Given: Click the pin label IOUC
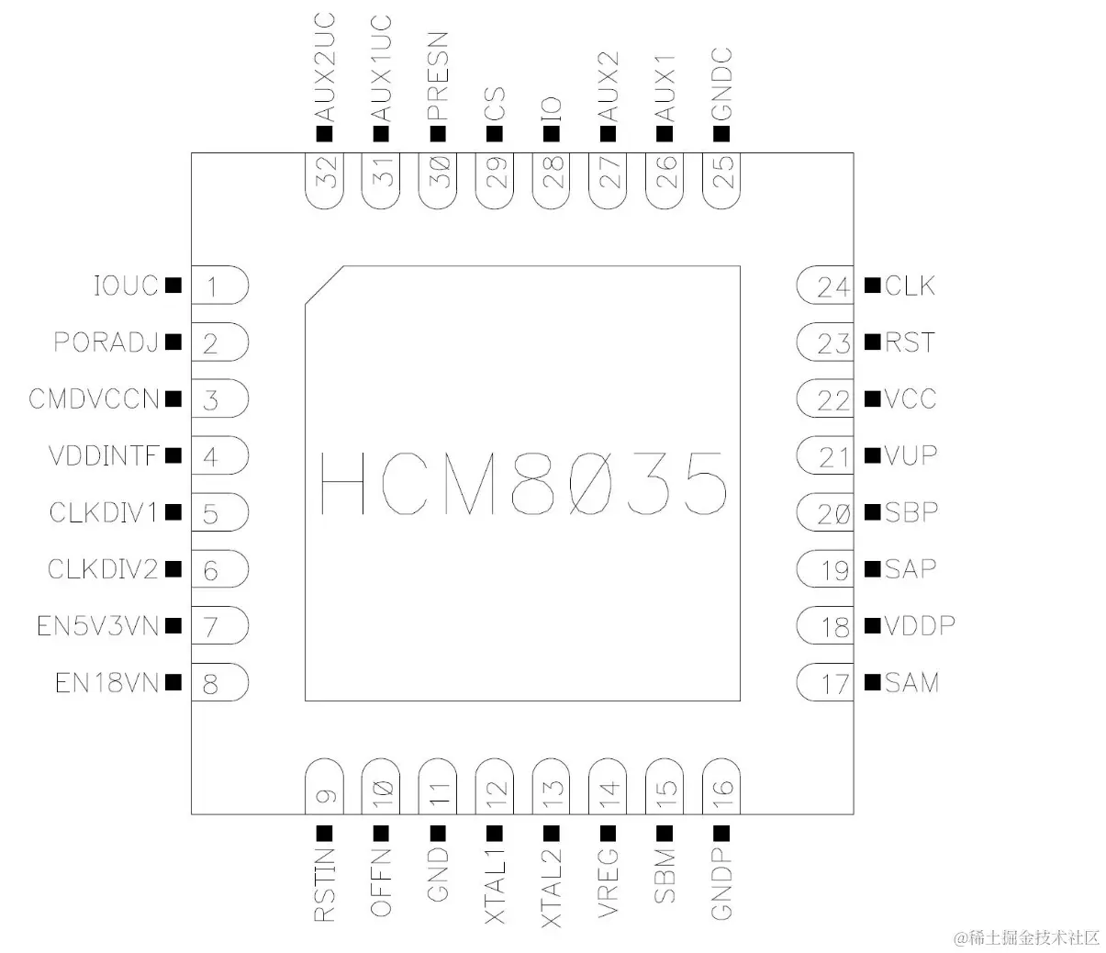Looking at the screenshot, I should tap(126, 286).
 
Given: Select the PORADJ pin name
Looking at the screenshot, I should tap(106, 342).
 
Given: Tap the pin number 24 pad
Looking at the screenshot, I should tap(826, 286).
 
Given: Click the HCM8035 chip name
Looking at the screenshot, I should tap(523, 483).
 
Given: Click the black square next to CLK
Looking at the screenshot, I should tap(872, 286).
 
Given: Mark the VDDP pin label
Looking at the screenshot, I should tap(920, 626).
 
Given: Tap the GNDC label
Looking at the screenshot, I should tap(721, 84).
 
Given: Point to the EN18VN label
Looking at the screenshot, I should tap(106, 683).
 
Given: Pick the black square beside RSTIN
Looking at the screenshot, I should tap(324, 833).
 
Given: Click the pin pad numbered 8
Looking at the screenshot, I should tap(218, 683).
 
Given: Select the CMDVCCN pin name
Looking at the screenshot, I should tap(94, 399).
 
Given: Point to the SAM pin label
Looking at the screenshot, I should tap(911, 683).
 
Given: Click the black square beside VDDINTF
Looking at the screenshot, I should tap(173, 455).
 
